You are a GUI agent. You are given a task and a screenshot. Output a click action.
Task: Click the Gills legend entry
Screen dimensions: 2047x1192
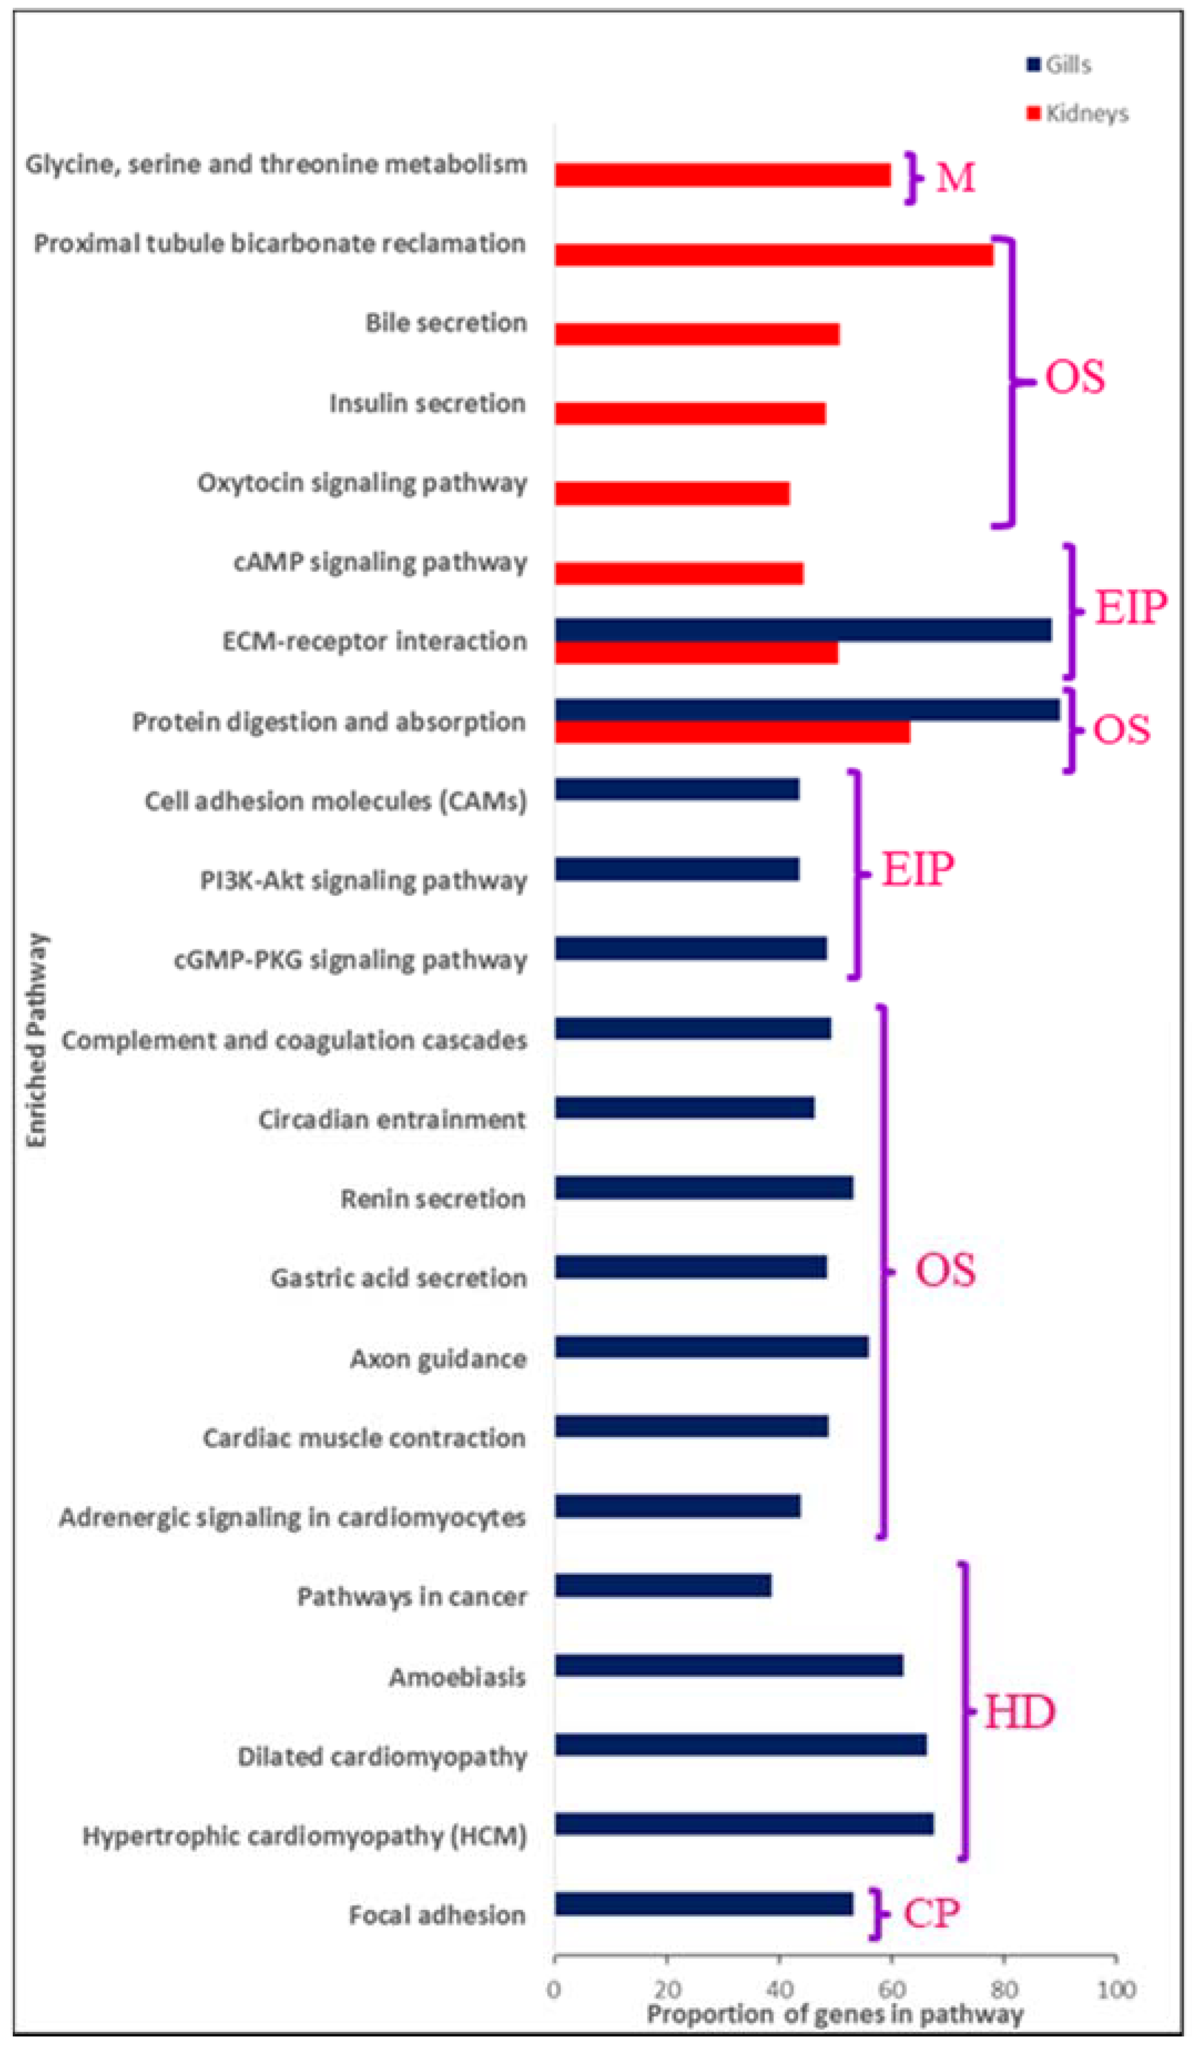(1059, 65)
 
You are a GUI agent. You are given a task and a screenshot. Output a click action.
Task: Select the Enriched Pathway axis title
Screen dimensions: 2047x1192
(37, 1040)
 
